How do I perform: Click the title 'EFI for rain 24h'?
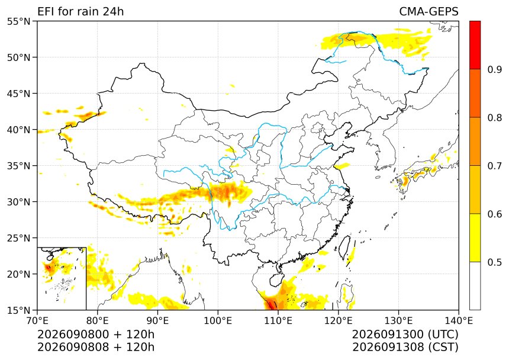coord(80,11)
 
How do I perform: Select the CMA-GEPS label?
coord(429,11)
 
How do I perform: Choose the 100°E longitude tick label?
coord(218,321)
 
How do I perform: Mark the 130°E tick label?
coord(399,321)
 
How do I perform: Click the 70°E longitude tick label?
coord(37,321)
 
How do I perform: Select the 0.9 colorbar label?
coord(494,69)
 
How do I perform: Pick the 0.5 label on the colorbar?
coord(494,262)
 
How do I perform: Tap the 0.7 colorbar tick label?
coord(494,166)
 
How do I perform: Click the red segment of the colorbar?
coord(475,45)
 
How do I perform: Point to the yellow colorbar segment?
coord(475,237)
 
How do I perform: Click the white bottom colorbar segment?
coord(475,285)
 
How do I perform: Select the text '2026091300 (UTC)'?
coord(405,335)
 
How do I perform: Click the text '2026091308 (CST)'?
coord(405,347)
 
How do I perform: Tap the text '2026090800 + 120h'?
coord(96,335)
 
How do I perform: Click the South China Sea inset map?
coord(62,278)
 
